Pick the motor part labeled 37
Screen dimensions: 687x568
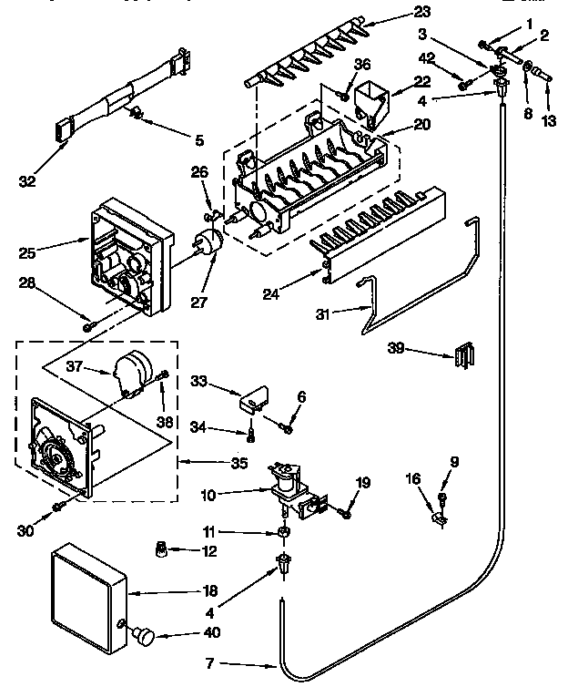129,370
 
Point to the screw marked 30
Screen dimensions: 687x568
57,504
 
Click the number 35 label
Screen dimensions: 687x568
239,462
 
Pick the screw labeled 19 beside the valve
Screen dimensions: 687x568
346,514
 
